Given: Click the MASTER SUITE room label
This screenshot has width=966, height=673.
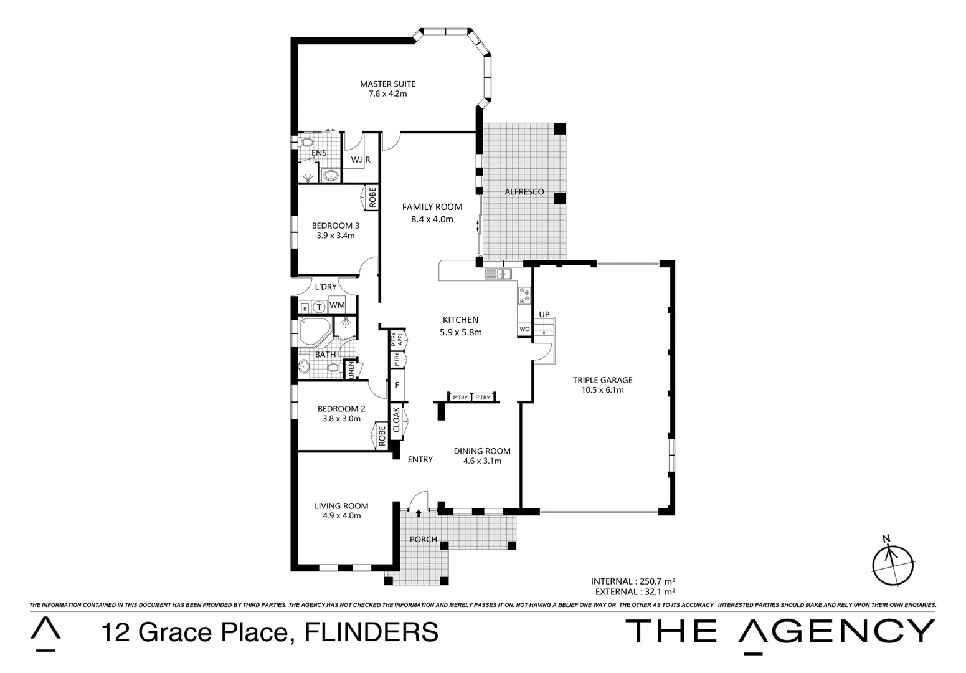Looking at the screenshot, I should (x=387, y=84).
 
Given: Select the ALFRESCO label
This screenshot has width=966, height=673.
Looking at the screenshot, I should (x=524, y=192).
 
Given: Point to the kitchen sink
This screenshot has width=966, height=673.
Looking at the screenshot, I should (x=498, y=273).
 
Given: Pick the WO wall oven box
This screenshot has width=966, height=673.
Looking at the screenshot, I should (x=524, y=329).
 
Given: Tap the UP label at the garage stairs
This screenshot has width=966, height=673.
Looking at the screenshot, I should (x=544, y=315).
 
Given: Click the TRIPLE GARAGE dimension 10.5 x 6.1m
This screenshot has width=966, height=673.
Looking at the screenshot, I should (x=602, y=391).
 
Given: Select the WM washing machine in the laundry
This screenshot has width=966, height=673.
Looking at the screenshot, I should (x=337, y=305).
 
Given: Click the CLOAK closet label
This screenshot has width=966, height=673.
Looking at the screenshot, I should (x=396, y=419).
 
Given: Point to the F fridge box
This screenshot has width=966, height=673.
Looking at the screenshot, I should (x=397, y=385).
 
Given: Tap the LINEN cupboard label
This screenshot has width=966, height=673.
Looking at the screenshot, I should (x=351, y=370).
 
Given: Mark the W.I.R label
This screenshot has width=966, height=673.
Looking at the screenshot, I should (x=360, y=160).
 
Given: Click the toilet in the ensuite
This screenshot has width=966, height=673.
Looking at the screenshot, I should (x=305, y=142).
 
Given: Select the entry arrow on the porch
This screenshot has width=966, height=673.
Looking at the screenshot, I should (x=419, y=513).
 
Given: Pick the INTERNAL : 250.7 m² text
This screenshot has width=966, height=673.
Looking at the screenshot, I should (x=633, y=581).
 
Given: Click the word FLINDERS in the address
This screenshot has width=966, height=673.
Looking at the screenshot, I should (x=371, y=632).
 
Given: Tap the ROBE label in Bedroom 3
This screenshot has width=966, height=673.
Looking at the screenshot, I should (x=372, y=198).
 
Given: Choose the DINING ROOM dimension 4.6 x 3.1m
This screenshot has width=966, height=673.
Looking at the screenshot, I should (x=482, y=461).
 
